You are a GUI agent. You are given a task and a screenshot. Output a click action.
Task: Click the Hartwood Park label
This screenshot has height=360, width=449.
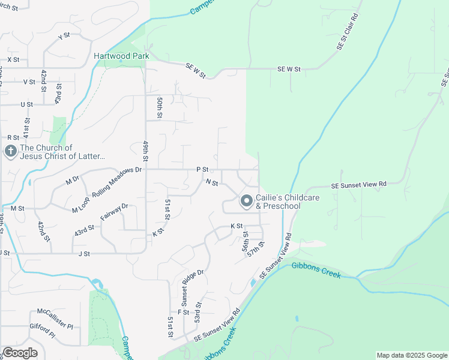tap(121, 56)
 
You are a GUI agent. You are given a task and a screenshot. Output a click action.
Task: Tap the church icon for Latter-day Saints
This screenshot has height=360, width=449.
tap(10, 151)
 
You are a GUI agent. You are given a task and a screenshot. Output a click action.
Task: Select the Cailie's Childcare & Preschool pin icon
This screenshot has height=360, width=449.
tap(246, 201)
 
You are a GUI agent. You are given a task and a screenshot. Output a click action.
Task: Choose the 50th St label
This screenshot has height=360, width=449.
tap(160, 106)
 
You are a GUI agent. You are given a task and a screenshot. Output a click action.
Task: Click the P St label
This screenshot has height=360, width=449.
tap(202, 170)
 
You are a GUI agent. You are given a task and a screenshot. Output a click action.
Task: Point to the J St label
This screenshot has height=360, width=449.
tap(83, 254)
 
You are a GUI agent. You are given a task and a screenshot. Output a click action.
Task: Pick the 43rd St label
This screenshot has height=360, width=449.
tap(84, 230)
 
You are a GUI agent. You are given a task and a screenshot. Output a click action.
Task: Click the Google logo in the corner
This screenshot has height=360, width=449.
tap(20, 353)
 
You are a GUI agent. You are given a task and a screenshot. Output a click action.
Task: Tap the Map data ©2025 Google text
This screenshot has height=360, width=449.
tap(411, 355)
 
